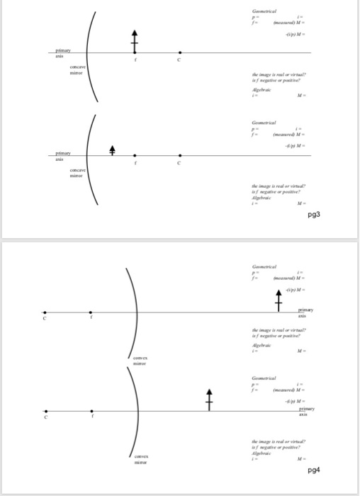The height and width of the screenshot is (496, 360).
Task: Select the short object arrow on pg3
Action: click(111, 150)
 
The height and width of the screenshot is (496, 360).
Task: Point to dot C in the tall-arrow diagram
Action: click(180, 52)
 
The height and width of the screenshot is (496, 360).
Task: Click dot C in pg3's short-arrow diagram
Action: click(180, 155)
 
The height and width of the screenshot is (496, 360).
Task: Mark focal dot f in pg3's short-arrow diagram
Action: click(137, 155)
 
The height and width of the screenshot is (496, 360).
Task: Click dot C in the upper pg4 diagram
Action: click(45, 312)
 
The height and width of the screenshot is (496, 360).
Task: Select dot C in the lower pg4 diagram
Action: click(45, 411)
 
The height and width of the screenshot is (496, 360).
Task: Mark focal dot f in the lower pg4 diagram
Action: click(91, 411)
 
